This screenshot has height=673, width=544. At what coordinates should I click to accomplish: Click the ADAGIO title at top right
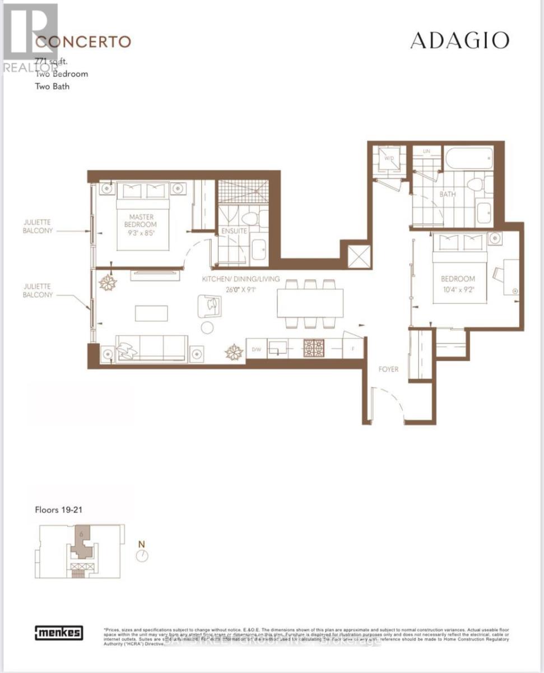[x=459, y=40]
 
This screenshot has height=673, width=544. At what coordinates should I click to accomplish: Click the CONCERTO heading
[x=83, y=42]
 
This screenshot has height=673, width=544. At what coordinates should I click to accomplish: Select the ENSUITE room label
[x=233, y=231]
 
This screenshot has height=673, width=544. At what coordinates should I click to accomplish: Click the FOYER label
[x=388, y=369]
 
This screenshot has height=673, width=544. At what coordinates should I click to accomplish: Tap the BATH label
[x=447, y=195]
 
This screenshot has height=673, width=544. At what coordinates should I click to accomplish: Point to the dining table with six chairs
[x=310, y=303]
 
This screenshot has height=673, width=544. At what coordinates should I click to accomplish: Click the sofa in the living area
[x=151, y=348]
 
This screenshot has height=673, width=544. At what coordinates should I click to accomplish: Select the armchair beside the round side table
[x=211, y=305]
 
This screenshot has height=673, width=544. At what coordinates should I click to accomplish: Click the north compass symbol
[x=143, y=555]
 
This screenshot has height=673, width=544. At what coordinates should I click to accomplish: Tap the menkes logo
[x=59, y=633]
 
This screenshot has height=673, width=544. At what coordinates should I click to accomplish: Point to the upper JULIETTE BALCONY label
[x=39, y=225]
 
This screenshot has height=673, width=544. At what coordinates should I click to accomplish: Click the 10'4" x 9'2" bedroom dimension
[x=457, y=290]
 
